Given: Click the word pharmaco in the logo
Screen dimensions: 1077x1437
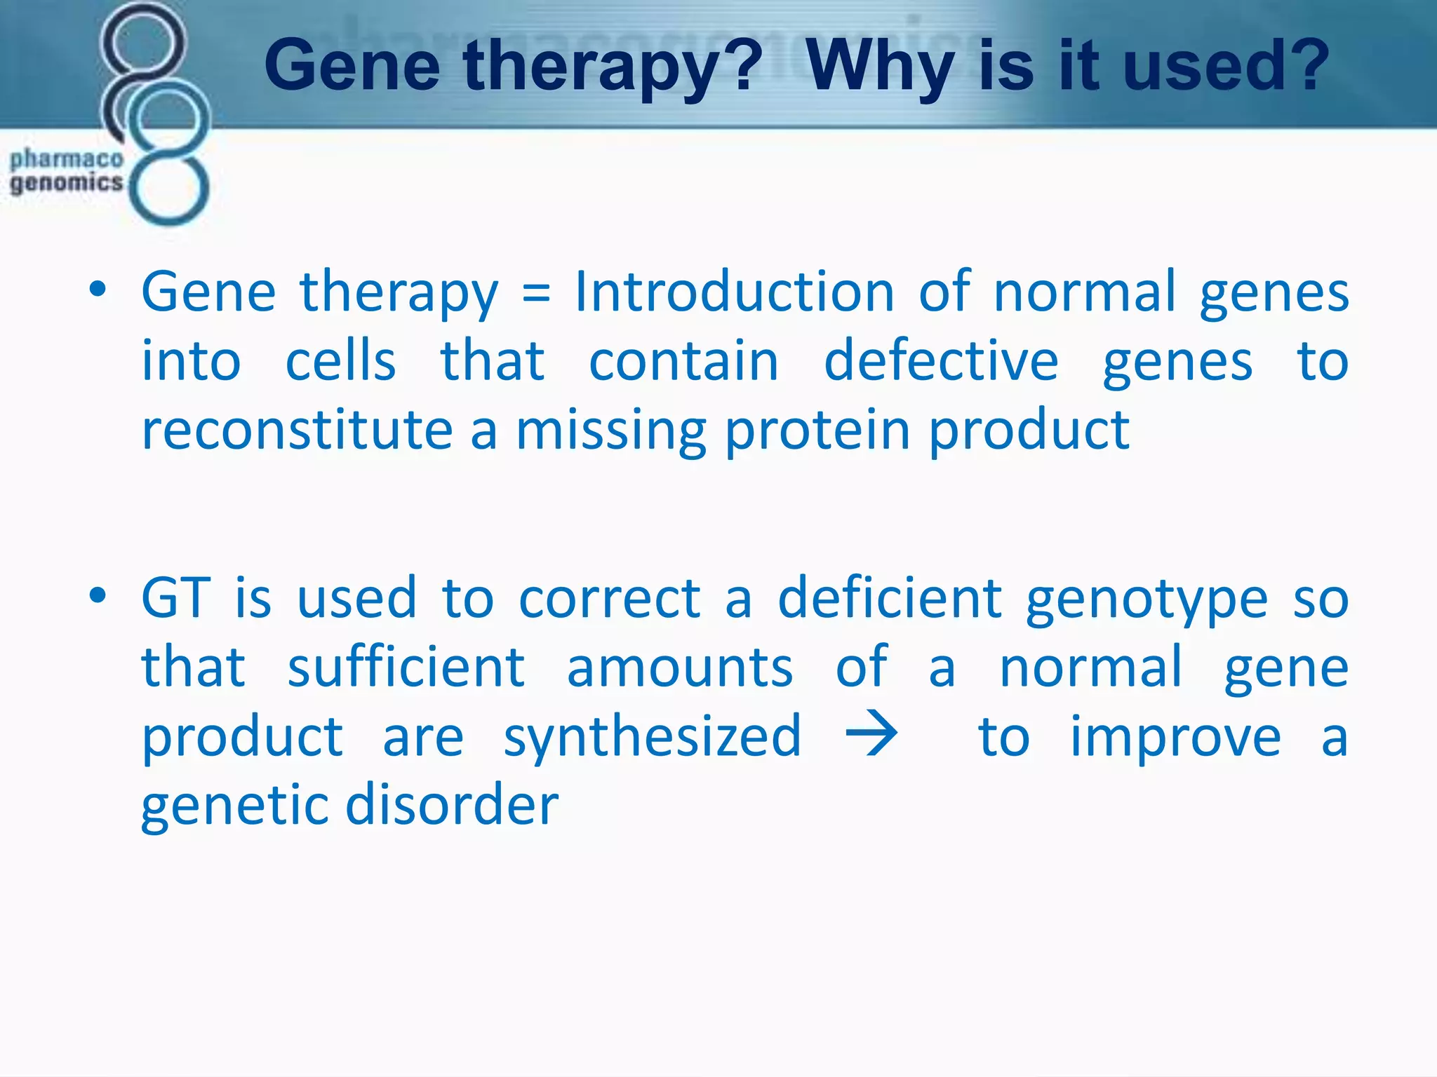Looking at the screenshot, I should click(67, 159).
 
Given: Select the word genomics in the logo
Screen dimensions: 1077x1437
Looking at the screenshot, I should click(67, 183).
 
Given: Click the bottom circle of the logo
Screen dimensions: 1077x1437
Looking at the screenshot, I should click(169, 188).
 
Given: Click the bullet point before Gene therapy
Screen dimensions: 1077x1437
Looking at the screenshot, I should click(98, 290).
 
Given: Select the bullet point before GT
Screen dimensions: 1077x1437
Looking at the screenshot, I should click(98, 596).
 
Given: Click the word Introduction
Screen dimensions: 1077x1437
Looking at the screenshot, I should click(734, 291).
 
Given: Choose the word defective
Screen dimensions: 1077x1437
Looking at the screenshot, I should click(941, 360).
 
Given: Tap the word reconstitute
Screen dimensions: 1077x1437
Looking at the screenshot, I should click(297, 430).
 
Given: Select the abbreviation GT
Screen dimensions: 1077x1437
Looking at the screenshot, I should click(175, 598).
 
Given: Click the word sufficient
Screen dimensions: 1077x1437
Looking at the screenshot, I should click(406, 667).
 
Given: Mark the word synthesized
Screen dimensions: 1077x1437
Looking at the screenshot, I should click(652, 738).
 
